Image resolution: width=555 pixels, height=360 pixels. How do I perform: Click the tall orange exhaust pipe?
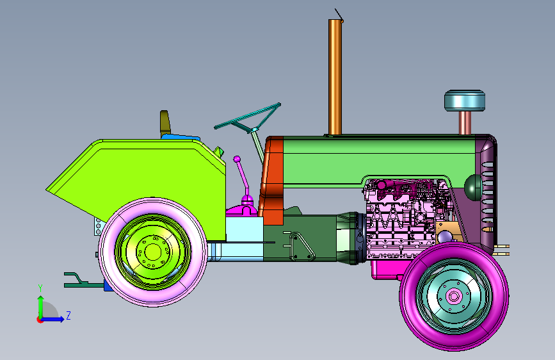click(335, 77)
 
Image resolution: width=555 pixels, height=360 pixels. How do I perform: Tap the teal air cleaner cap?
click(465, 101)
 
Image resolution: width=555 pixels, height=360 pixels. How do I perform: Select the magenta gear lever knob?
click(237, 160)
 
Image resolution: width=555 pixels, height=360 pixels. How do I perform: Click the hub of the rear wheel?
click(153, 252)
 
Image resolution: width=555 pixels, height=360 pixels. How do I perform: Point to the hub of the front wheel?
click(454, 296)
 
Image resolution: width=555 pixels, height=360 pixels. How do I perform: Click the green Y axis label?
click(40, 288)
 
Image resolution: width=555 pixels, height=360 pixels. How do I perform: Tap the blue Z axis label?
click(68, 315)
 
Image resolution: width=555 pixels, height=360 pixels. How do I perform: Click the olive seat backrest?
click(165, 123)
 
